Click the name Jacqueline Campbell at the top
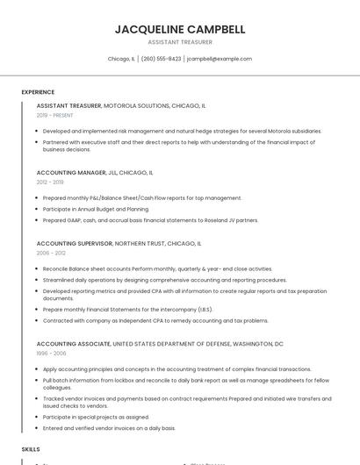[179, 29]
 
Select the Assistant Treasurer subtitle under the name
[179, 42]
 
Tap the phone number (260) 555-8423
[161, 59]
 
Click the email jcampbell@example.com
[220, 59]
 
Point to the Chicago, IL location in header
[120, 59]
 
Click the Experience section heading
[38, 92]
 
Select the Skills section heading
[31, 448]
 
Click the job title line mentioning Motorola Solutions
[121, 105]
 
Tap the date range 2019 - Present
[55, 115]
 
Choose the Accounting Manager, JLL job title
[95, 173]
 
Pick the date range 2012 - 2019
[50, 182]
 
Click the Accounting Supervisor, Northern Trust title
[119, 243]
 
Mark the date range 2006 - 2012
[51, 253]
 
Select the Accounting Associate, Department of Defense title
[160, 344]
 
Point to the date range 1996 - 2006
[51, 354]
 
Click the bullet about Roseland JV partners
[150, 220]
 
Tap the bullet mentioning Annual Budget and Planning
[96, 209]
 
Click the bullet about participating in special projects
[96, 417]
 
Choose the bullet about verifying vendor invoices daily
[109, 428]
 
